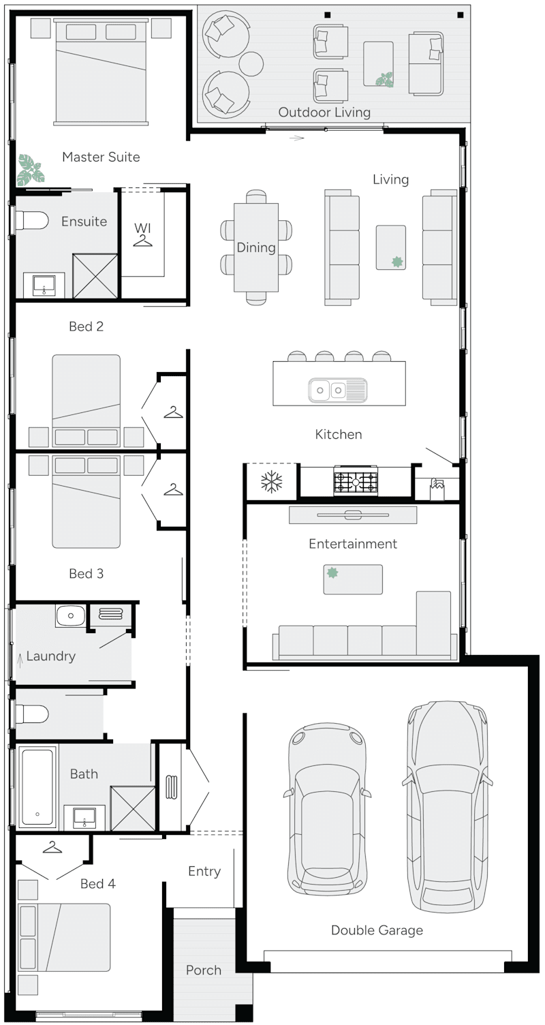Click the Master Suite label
101,157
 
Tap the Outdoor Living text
324,112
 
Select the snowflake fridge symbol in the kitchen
272,482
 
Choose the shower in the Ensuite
95,275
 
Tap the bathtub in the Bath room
37,787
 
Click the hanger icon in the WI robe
142,240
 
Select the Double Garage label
377,930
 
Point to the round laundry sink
70,615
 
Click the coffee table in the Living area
390,247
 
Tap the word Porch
204,970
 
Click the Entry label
204,871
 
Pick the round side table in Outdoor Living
251,63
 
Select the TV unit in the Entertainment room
352,515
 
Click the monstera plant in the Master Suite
29,170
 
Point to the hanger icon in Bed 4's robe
52,847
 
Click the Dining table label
256,247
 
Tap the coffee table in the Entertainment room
352,579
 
